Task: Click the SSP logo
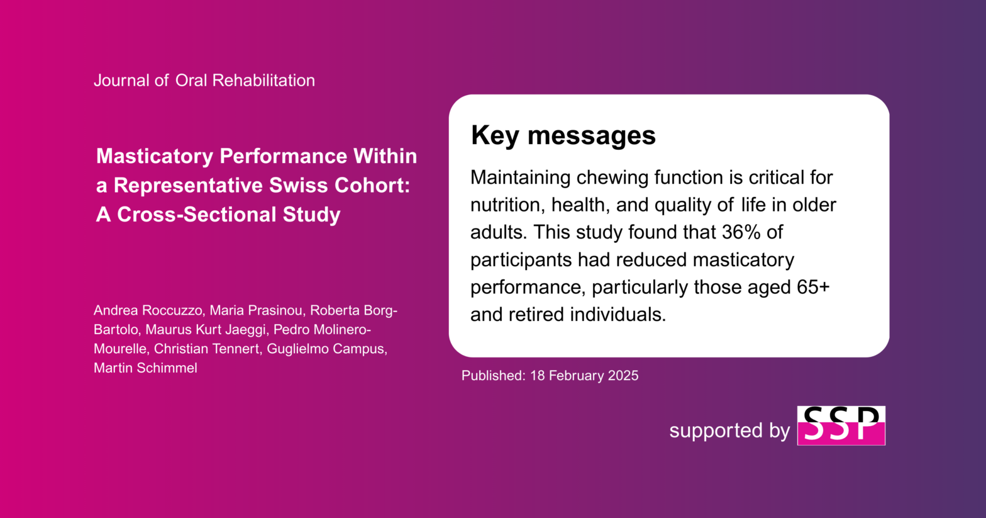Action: tap(841, 425)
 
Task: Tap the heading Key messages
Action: tap(563, 135)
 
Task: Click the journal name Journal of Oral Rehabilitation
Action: tap(204, 80)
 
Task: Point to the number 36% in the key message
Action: tap(741, 232)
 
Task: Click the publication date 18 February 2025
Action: tap(584, 375)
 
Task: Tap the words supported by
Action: tap(729, 431)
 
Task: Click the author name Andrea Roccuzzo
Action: tap(148, 310)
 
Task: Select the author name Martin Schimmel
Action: tap(145, 368)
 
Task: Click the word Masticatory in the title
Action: tap(155, 156)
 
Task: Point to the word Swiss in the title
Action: tap(299, 186)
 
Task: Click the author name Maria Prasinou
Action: tap(256, 310)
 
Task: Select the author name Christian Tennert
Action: tap(206, 349)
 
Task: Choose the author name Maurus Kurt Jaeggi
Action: tap(205, 330)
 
